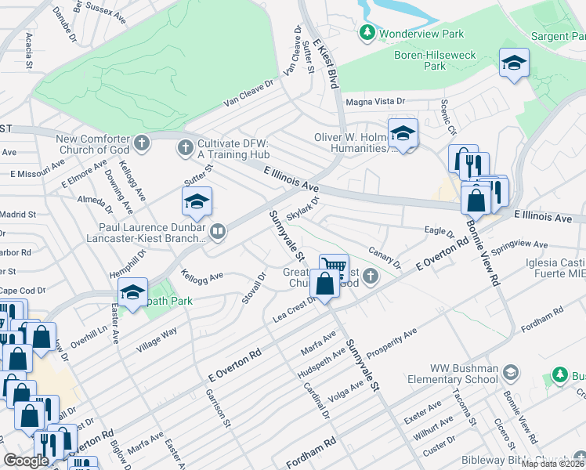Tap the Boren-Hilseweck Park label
(424, 61)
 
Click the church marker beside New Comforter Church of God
(141, 143)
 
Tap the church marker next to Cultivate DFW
(185, 146)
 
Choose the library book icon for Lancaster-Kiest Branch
(217, 230)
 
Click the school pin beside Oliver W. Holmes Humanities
(403, 134)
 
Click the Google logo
(26, 460)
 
